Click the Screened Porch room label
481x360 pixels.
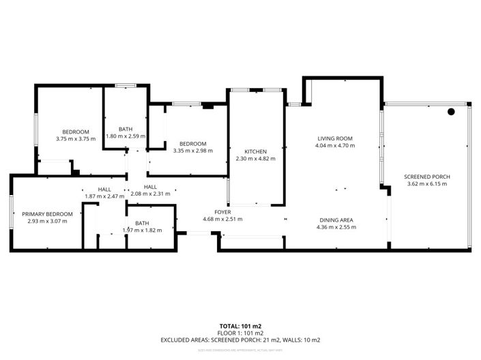(x=427, y=177)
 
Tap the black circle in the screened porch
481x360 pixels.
(x=451, y=112)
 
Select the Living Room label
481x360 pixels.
(x=334, y=138)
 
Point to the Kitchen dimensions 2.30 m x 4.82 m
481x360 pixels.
(x=256, y=158)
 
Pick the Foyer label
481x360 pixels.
(x=222, y=212)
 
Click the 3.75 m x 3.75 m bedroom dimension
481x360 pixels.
(x=76, y=138)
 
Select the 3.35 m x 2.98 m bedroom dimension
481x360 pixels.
(x=192, y=151)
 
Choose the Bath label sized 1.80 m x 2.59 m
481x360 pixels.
(x=126, y=129)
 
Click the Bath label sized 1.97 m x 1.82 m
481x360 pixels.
(x=142, y=223)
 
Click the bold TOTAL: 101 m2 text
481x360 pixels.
(x=240, y=326)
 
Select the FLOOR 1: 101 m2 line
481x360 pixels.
(x=240, y=333)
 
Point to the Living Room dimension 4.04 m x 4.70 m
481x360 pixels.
(x=334, y=145)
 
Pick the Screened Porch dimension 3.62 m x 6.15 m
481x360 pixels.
(x=427, y=183)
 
